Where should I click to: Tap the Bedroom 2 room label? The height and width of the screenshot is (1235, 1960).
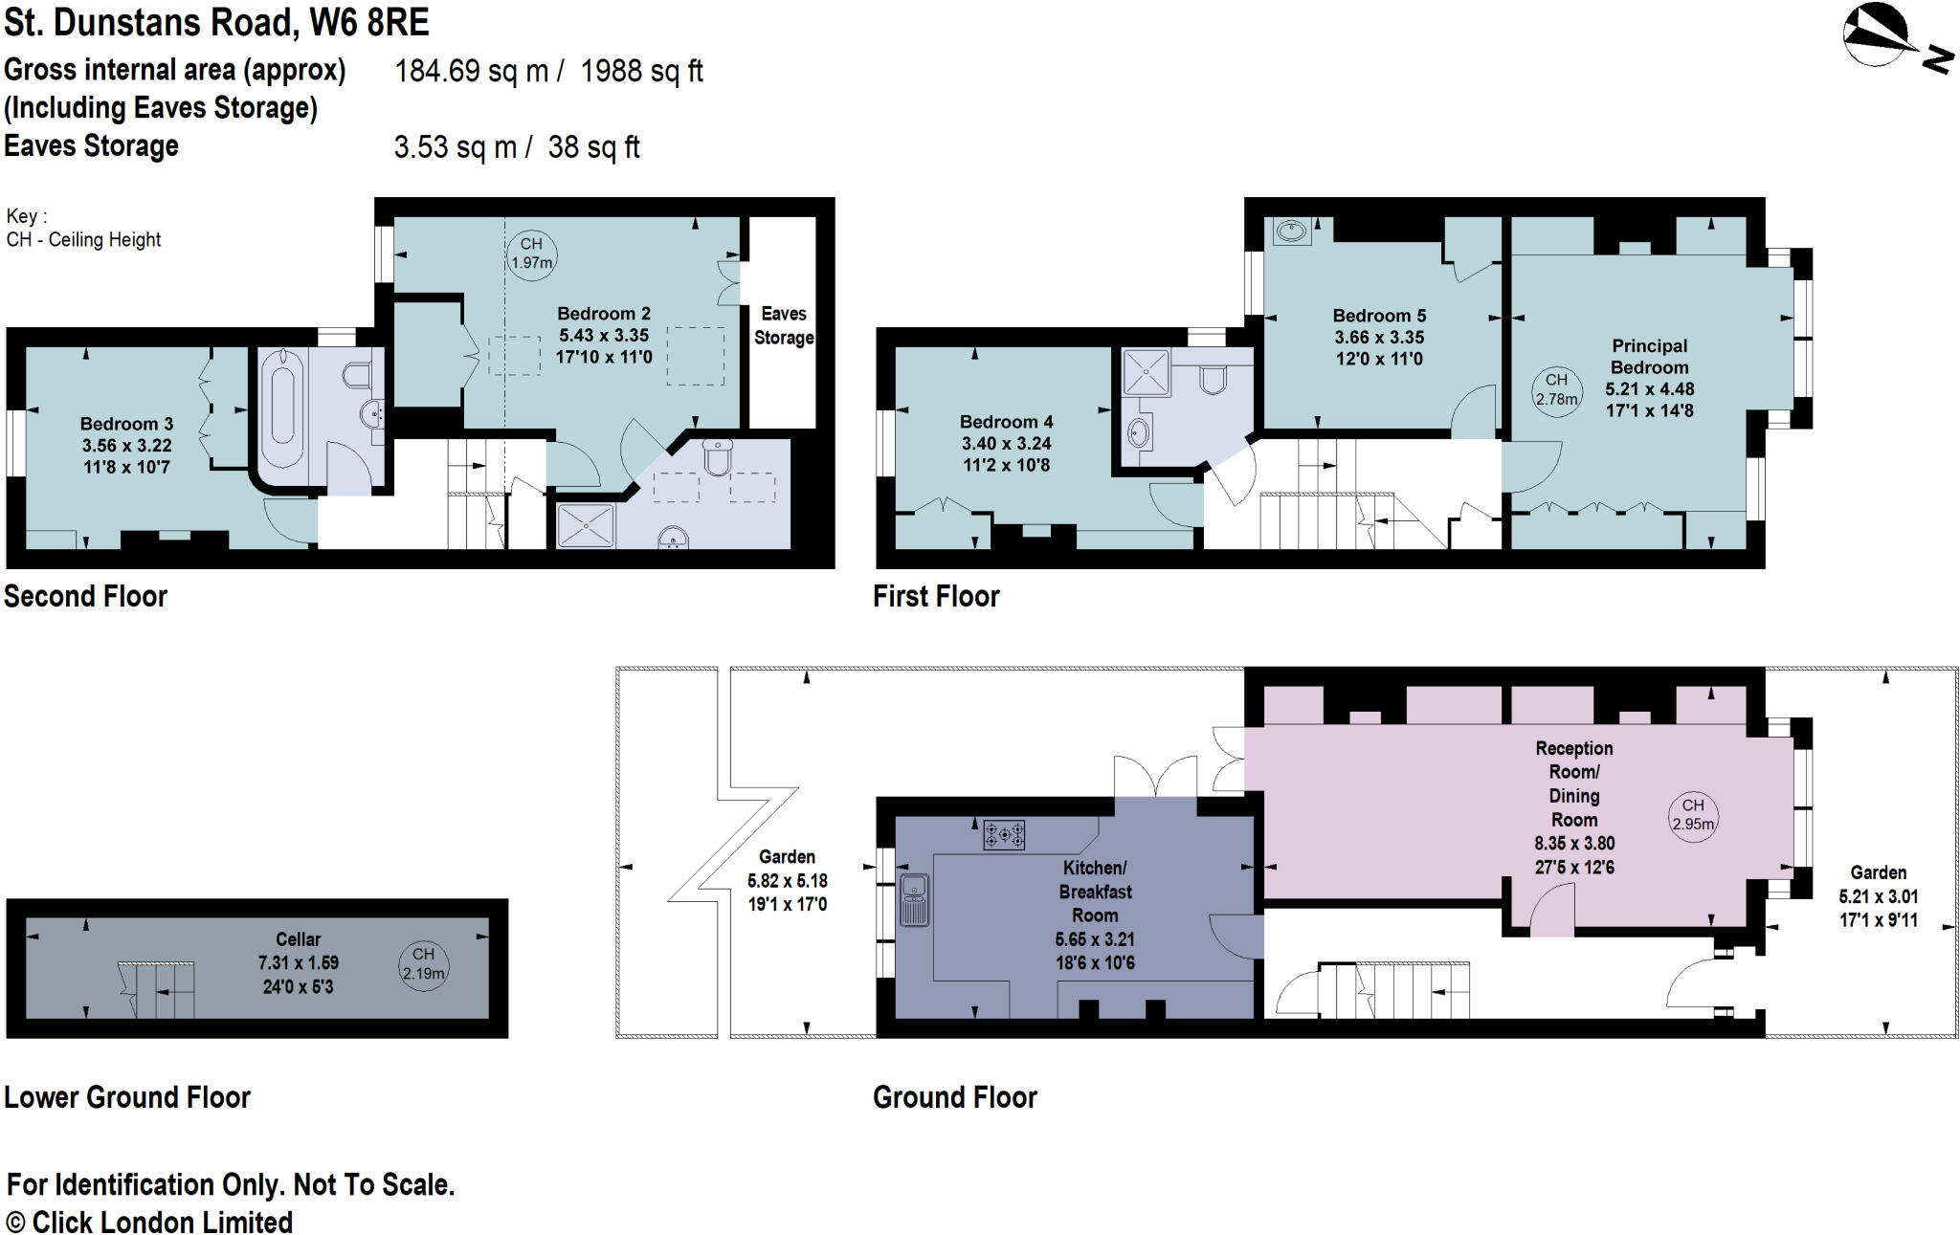tap(604, 314)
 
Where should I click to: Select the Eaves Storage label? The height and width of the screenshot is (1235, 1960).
tap(784, 325)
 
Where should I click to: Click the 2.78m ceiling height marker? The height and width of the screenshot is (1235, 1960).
tap(1556, 390)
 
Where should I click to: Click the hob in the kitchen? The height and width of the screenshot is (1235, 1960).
tap(1004, 834)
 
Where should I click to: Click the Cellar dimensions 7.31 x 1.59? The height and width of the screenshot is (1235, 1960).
tap(298, 963)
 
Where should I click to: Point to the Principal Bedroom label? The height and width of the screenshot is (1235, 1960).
tap(1649, 357)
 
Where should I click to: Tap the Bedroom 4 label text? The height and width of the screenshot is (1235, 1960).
tap(1006, 422)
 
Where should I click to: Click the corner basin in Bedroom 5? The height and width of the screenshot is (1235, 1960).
tap(1291, 231)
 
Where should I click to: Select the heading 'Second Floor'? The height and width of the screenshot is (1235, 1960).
tap(85, 597)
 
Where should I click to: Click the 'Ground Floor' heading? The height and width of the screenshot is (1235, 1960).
tap(955, 1097)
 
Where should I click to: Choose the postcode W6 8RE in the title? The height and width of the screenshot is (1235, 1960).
tap(368, 23)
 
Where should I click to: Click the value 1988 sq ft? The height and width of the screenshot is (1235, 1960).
tap(641, 71)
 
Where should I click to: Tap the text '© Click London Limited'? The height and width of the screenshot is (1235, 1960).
tap(149, 1223)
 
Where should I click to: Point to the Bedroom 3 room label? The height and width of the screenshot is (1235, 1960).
tap(126, 424)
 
